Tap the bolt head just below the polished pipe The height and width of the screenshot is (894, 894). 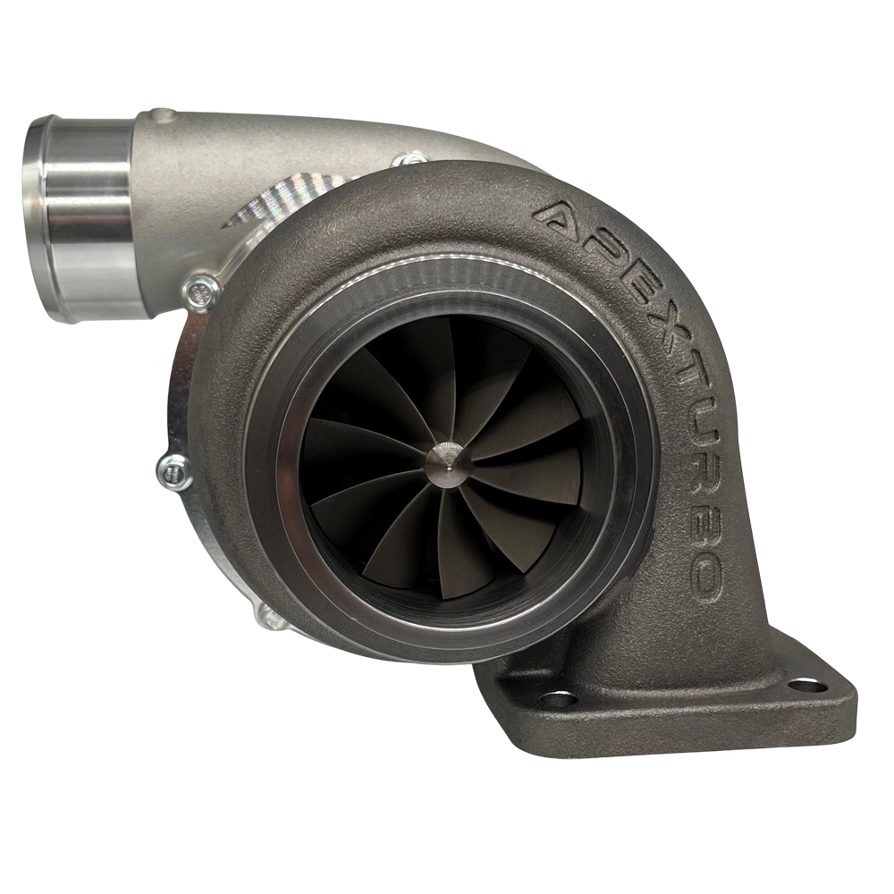pyautogui.click(x=201, y=290)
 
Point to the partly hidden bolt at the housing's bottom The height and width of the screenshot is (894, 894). pyautogui.click(x=268, y=614)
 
